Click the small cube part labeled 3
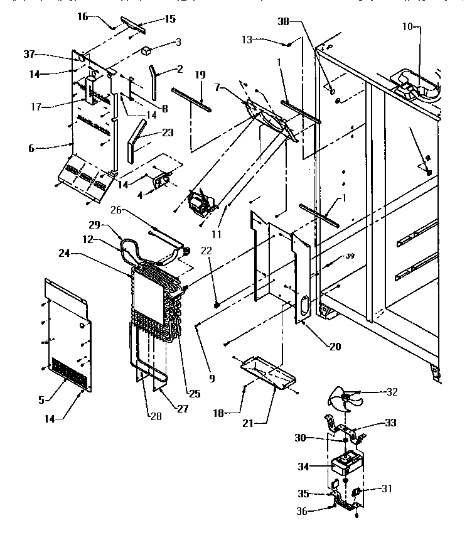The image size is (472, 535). click(149, 50)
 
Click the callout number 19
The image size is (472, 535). click(200, 75)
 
